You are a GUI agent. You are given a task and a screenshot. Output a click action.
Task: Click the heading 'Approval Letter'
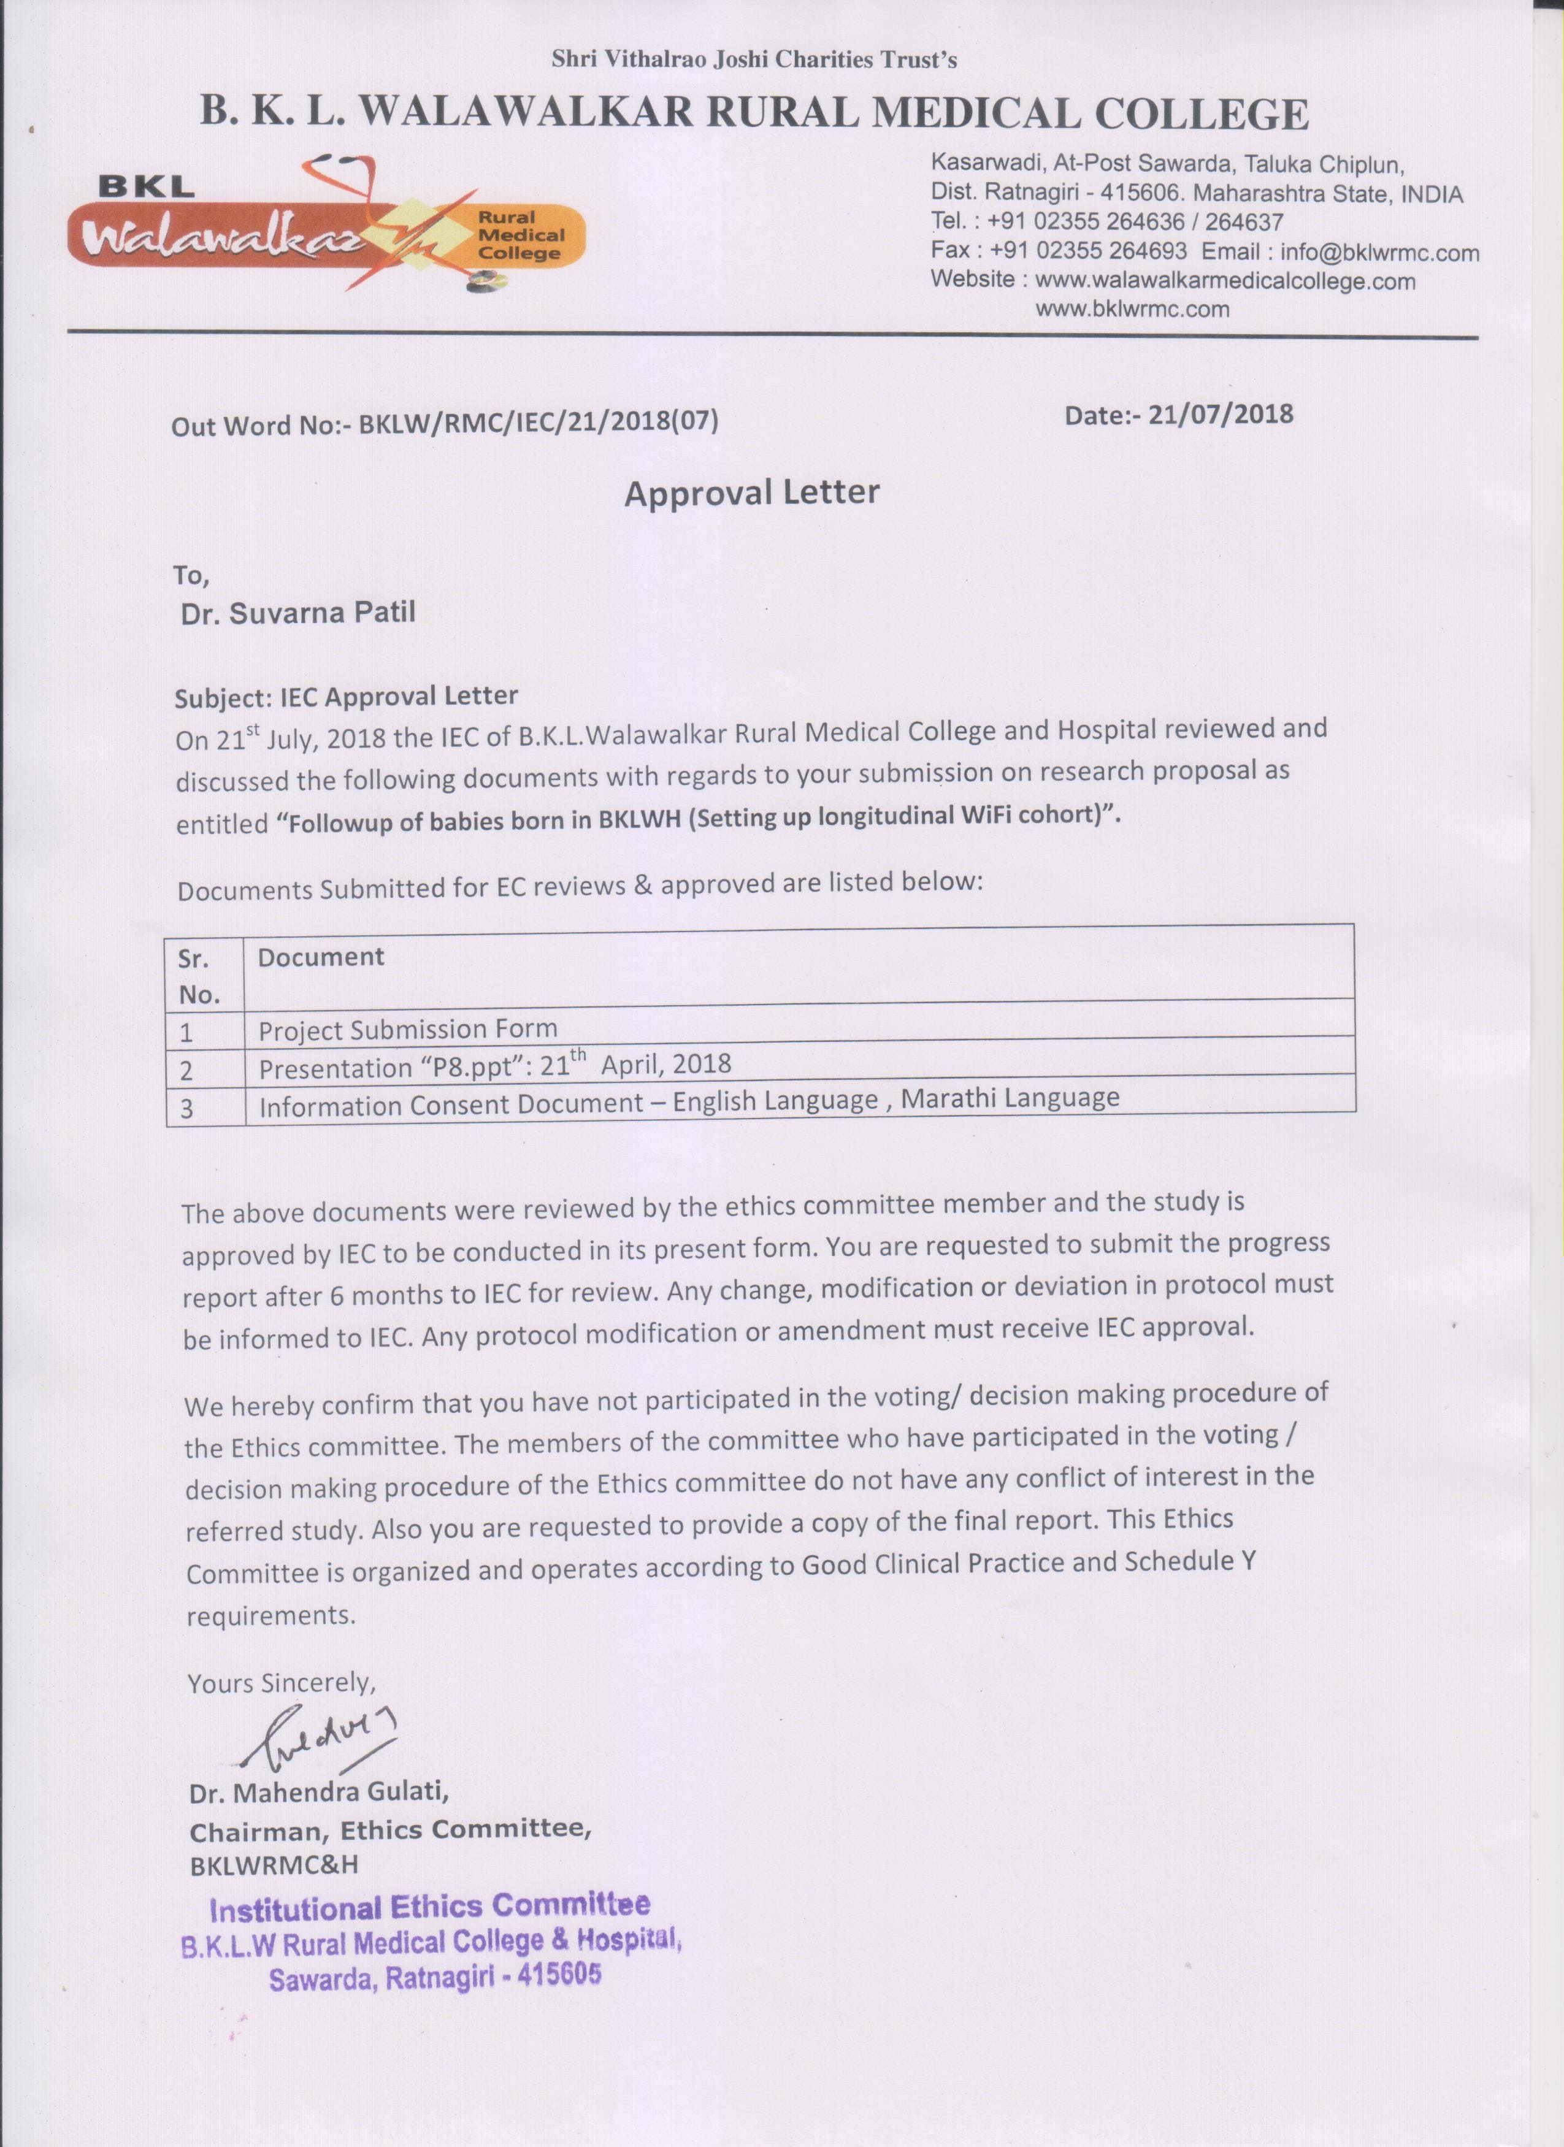click(752, 493)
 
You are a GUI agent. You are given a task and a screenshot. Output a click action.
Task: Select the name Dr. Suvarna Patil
click(297, 613)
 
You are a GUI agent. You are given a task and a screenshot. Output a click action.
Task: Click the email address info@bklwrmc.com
click(1379, 252)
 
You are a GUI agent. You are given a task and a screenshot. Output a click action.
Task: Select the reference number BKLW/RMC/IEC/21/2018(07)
click(537, 423)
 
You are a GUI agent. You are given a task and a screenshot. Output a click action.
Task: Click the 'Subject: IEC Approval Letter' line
click(347, 698)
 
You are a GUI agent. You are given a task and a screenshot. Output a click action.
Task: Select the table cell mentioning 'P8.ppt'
click(495, 1067)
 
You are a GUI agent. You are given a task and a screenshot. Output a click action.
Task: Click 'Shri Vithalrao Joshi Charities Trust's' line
click(754, 61)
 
